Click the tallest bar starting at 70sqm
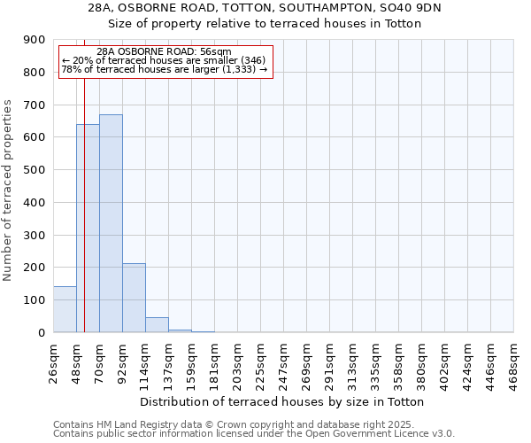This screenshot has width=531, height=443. pyautogui.click(x=111, y=223)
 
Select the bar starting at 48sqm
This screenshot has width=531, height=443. pyautogui.click(x=88, y=229)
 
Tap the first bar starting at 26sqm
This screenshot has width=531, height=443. pyautogui.click(x=65, y=309)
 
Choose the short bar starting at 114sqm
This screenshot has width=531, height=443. pyautogui.click(x=157, y=324)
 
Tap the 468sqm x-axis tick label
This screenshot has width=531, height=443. pyautogui.click(x=513, y=363)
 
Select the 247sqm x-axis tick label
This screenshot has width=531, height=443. pyautogui.click(x=283, y=363)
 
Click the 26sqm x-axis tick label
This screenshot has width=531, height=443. pyautogui.click(x=53, y=363)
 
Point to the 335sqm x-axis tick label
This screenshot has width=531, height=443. pyautogui.click(x=375, y=363)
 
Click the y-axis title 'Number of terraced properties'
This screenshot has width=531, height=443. pyautogui.click(x=9, y=190)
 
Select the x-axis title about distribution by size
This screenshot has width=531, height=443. pyautogui.click(x=282, y=401)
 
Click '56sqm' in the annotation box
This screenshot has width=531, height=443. pyautogui.click(x=215, y=51)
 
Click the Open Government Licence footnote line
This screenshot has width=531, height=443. pyautogui.click(x=254, y=433)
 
